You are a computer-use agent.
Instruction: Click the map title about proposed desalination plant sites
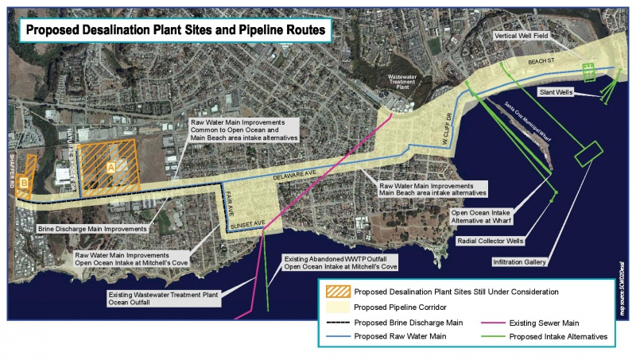174,31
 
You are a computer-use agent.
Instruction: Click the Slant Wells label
557,91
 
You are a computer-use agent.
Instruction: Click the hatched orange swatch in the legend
335,292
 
